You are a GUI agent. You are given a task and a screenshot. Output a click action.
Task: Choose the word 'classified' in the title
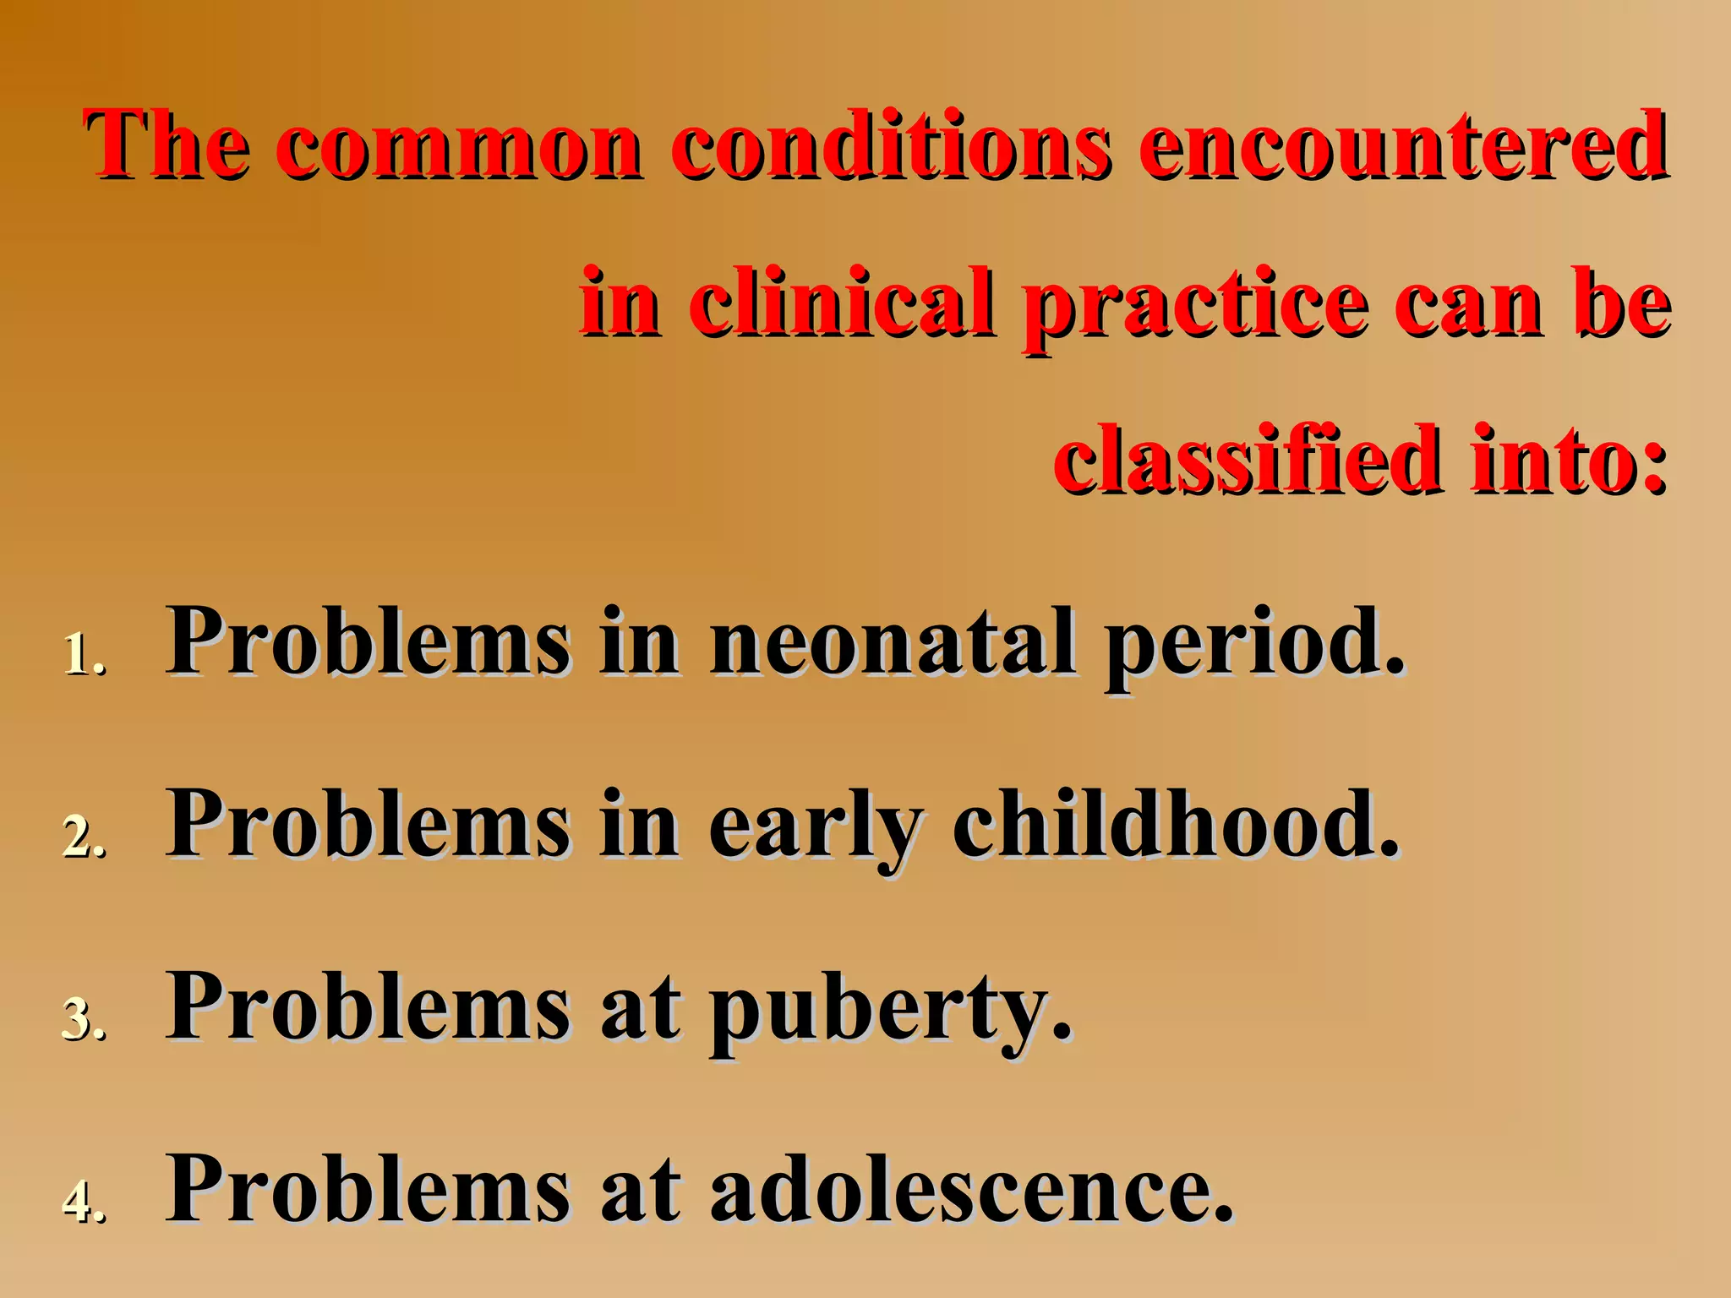pyautogui.click(x=1247, y=461)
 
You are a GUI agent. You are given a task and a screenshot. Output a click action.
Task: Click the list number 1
pyautogui.click(x=84, y=655)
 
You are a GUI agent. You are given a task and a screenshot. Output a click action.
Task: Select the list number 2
pyautogui.click(x=84, y=837)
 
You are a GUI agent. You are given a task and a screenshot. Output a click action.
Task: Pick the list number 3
pyautogui.click(x=84, y=1020)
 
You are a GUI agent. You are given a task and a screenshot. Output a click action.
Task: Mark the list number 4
pyautogui.click(x=84, y=1203)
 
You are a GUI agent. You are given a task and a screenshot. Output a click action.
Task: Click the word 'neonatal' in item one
pyautogui.click(x=894, y=642)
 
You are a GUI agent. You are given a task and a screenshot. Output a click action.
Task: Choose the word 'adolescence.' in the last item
pyautogui.click(x=972, y=1189)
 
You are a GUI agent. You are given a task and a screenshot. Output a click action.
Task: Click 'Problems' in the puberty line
pyautogui.click(x=369, y=1007)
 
